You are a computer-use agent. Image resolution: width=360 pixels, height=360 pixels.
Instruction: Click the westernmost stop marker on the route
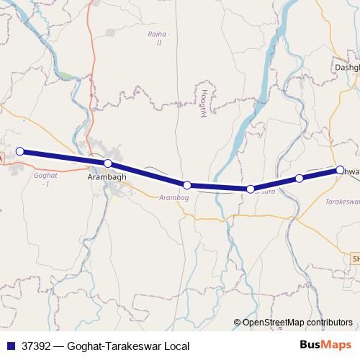[x=20, y=151]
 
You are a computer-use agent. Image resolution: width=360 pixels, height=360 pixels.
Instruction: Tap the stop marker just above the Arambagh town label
[x=107, y=163]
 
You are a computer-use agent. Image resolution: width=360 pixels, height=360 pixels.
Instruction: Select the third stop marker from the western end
[x=186, y=185]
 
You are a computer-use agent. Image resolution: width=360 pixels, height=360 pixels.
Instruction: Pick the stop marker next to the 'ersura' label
[x=250, y=189]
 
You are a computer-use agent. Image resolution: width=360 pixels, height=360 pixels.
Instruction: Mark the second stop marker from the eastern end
[x=300, y=178]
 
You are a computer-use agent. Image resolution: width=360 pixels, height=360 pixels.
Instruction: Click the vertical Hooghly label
[x=204, y=103]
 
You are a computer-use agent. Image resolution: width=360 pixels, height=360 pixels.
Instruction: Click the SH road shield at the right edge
[x=355, y=257]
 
